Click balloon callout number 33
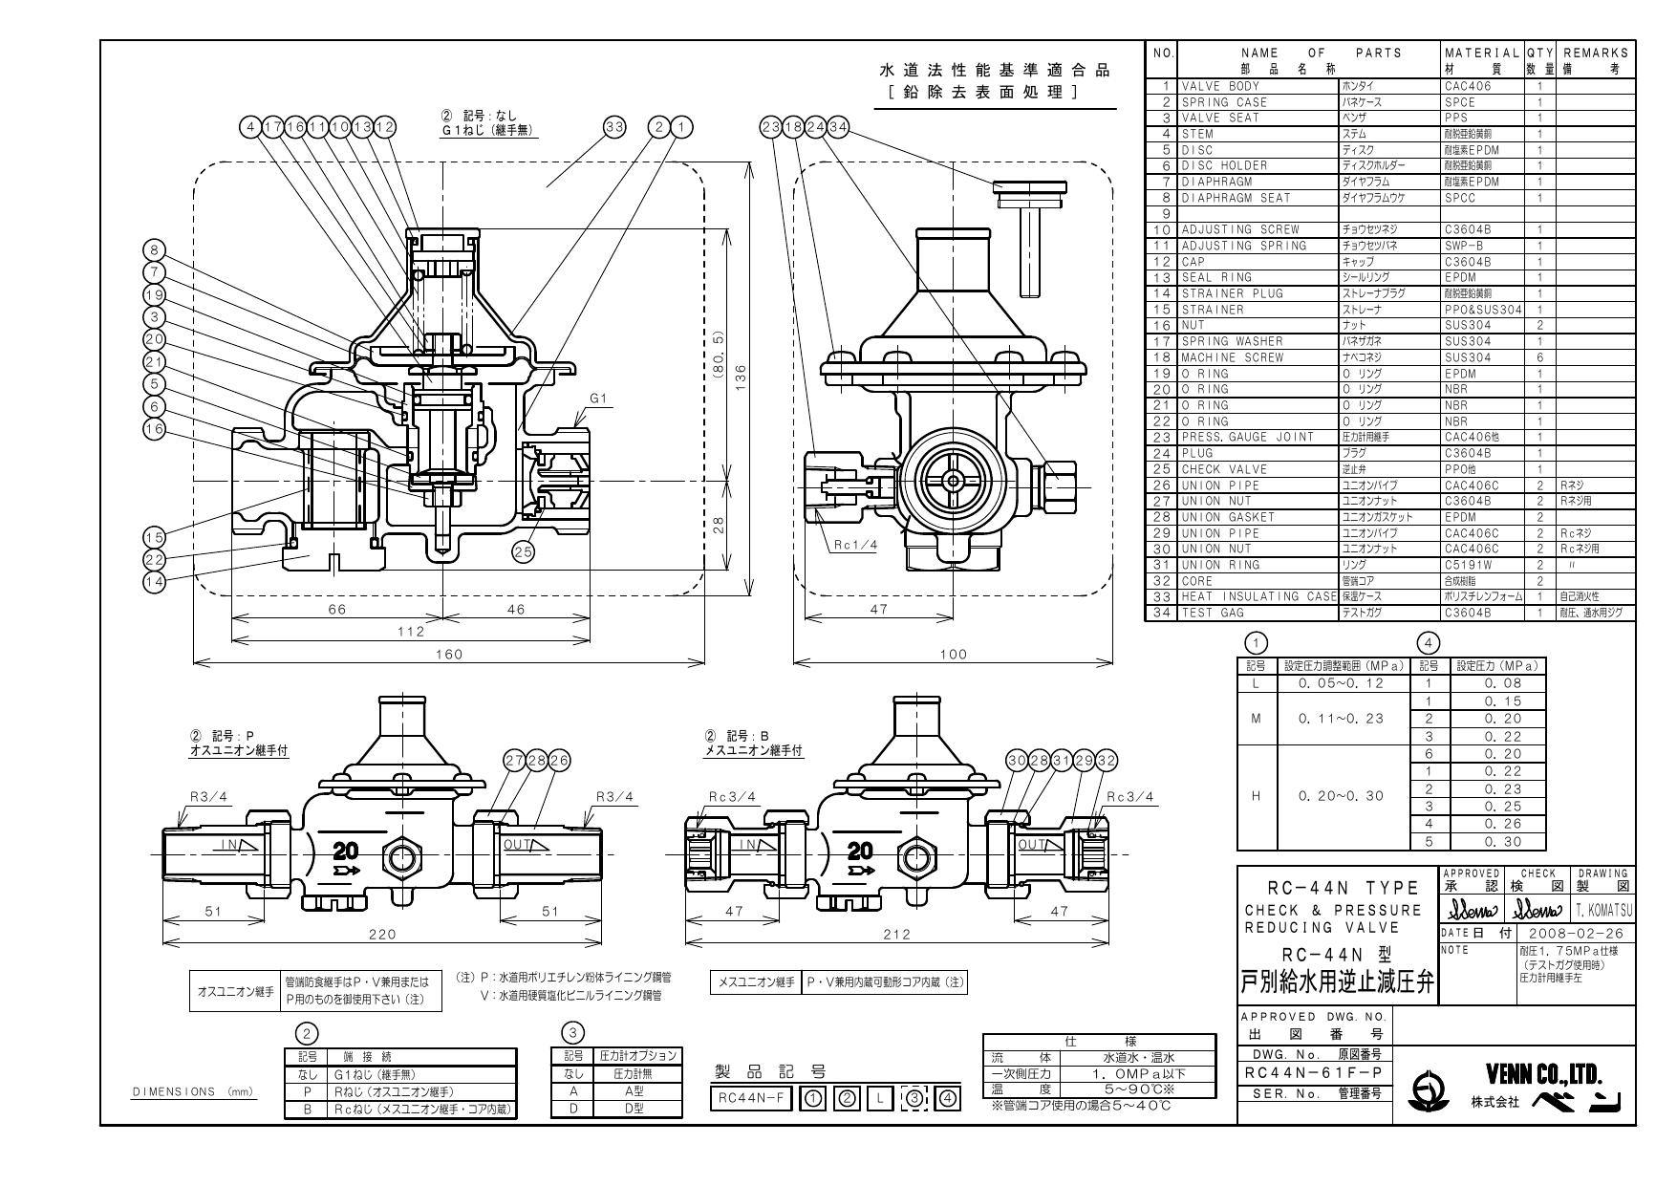click(614, 126)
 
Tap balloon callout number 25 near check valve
click(524, 550)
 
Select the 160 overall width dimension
click(448, 654)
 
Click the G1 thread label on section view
click(598, 399)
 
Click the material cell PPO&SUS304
click(1482, 310)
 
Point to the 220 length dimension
click(382, 934)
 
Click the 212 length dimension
click(896, 934)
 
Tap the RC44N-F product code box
click(750, 1099)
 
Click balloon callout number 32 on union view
click(1106, 761)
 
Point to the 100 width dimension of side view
click(954, 654)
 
